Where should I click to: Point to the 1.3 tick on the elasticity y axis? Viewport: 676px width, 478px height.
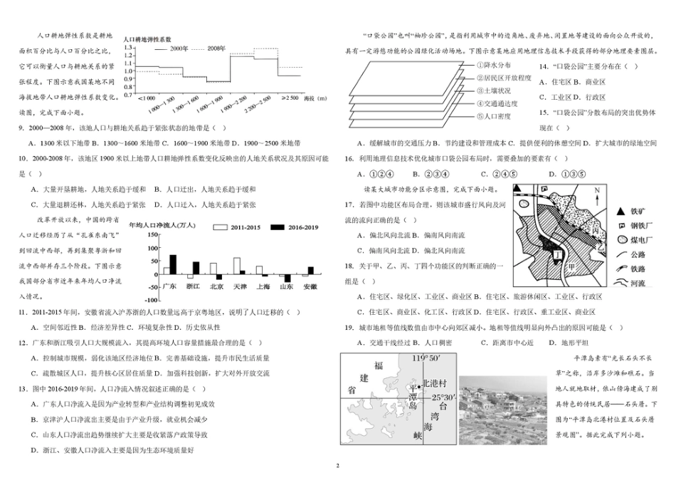click(128, 48)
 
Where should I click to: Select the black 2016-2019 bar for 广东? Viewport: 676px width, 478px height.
click(173, 264)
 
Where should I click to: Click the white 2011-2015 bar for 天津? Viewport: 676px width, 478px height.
click(236, 269)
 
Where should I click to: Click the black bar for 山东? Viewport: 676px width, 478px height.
click(287, 279)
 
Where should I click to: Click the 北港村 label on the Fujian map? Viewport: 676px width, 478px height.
click(436, 383)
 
